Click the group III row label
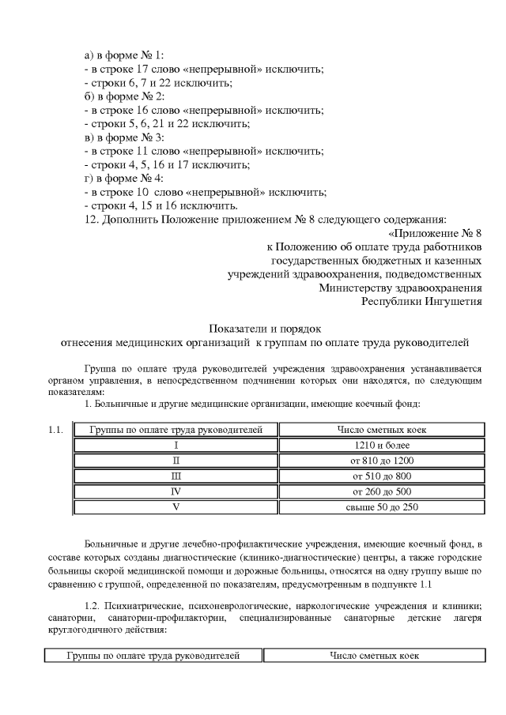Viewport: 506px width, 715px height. (176, 476)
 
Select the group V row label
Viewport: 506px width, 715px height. (176, 507)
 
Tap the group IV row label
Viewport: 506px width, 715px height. (176, 491)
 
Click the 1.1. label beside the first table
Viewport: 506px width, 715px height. (55, 431)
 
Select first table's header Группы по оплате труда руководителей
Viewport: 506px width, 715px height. (176, 430)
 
